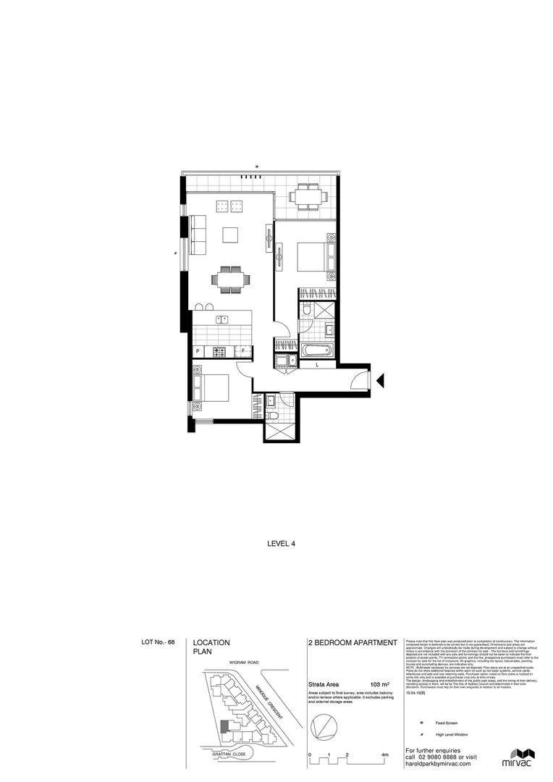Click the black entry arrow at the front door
(x=382, y=378)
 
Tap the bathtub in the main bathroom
(x=316, y=351)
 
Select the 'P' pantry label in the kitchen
(x=198, y=352)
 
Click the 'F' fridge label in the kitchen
(x=243, y=352)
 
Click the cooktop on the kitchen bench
(x=219, y=352)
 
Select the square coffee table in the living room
(x=231, y=235)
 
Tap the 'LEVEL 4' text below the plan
(x=282, y=542)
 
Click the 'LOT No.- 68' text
(x=159, y=642)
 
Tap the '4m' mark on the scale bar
(x=384, y=755)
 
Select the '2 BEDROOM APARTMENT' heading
(x=353, y=642)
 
